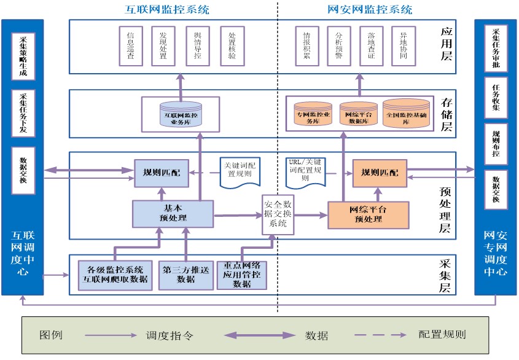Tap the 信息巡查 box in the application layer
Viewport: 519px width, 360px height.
pos(130,46)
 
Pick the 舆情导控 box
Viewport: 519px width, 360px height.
pos(198,46)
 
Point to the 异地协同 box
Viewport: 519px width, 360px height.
pos(404,46)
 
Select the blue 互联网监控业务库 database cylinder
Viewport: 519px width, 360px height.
pos(181,113)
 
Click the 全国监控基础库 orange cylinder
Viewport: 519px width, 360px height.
pos(406,113)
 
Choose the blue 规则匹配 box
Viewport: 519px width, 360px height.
pos(162,171)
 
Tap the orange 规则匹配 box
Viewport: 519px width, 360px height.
pos(380,172)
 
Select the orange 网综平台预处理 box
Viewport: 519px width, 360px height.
pos(369,214)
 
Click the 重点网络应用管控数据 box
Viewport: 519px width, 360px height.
pos(242,275)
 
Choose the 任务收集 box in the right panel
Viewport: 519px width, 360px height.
pos(496,98)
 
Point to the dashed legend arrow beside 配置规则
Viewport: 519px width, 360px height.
pos(381,335)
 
